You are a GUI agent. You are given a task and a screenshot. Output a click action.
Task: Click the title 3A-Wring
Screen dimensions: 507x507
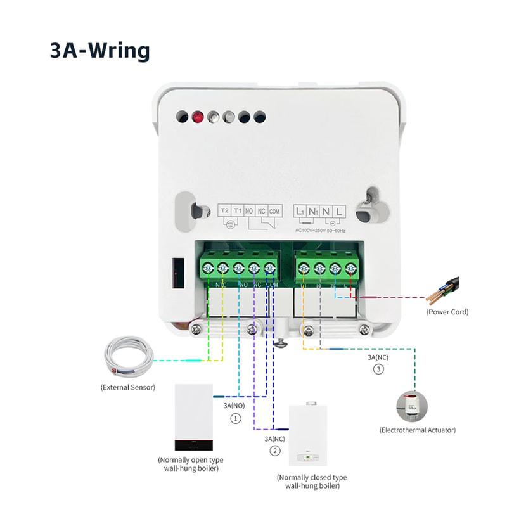click(x=99, y=51)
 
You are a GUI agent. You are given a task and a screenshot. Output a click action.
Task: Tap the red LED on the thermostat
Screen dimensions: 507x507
click(x=197, y=117)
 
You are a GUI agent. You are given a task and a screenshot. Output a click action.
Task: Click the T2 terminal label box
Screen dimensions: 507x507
click(x=224, y=210)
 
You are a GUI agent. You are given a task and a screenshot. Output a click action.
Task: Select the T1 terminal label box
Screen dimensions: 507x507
click(x=238, y=210)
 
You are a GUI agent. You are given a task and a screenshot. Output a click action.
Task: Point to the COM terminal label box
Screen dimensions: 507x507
click(x=274, y=210)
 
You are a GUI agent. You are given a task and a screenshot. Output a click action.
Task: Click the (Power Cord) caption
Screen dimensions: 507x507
click(x=448, y=312)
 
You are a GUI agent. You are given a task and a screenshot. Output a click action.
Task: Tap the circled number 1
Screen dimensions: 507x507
click(x=235, y=418)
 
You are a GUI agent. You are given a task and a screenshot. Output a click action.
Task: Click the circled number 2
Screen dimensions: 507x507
click(x=274, y=451)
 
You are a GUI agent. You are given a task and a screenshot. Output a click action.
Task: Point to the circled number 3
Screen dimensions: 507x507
click(x=378, y=369)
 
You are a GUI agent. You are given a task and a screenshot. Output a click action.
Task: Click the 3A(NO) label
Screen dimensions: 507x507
click(x=234, y=404)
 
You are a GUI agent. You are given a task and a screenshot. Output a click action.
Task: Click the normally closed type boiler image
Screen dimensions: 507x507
click(x=311, y=436)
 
